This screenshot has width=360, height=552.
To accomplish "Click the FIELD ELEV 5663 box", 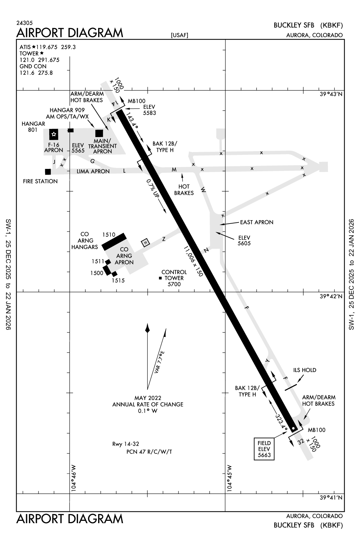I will click(264, 449).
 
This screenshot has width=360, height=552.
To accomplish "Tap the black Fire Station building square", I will click(48, 172).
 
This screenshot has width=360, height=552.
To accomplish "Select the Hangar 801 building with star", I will click(54, 134).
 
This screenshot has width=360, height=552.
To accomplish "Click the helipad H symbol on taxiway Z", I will click(145, 243).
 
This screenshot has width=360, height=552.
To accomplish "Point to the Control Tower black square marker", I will click(160, 278).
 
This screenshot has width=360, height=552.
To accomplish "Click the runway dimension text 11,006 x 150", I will click(193, 261).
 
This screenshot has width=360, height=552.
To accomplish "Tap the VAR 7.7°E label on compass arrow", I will click(160, 362).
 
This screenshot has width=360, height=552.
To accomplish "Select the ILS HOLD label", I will click(304, 370).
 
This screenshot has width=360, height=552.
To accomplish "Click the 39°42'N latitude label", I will click(331, 296).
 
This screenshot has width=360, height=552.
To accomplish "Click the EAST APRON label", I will click(257, 222).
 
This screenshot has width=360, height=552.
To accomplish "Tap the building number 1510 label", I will click(109, 235).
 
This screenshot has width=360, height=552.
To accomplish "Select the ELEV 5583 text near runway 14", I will click(149, 110).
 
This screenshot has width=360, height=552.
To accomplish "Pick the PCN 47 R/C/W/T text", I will click(149, 451).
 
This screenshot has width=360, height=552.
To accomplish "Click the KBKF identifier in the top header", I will click(332, 25).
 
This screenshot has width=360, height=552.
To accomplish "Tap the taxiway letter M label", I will click(174, 170).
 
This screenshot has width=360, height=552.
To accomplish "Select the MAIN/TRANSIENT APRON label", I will click(102, 146).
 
